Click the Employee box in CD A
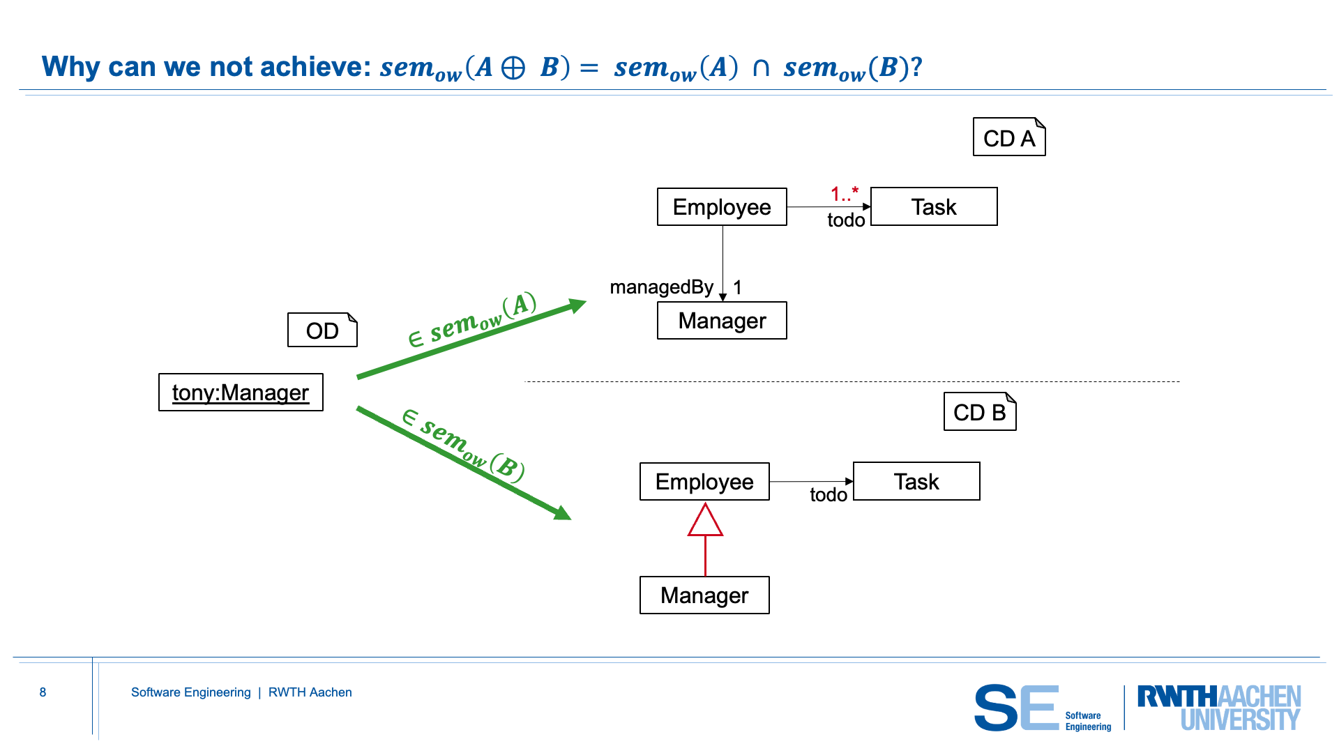722,207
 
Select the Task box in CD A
934,207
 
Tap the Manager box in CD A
722,321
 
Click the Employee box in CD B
704,482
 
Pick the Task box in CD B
916,482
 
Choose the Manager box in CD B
704,595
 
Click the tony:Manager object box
241,393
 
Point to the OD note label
322,330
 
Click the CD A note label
1008,138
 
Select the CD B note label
979,413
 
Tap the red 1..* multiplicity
845,193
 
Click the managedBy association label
661,287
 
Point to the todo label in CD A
846,220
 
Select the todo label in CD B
829,495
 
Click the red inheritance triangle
705,522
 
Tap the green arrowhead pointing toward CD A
577,305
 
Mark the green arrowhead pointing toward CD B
561,513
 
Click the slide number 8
43,692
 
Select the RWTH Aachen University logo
1218,707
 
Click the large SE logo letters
1016,707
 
